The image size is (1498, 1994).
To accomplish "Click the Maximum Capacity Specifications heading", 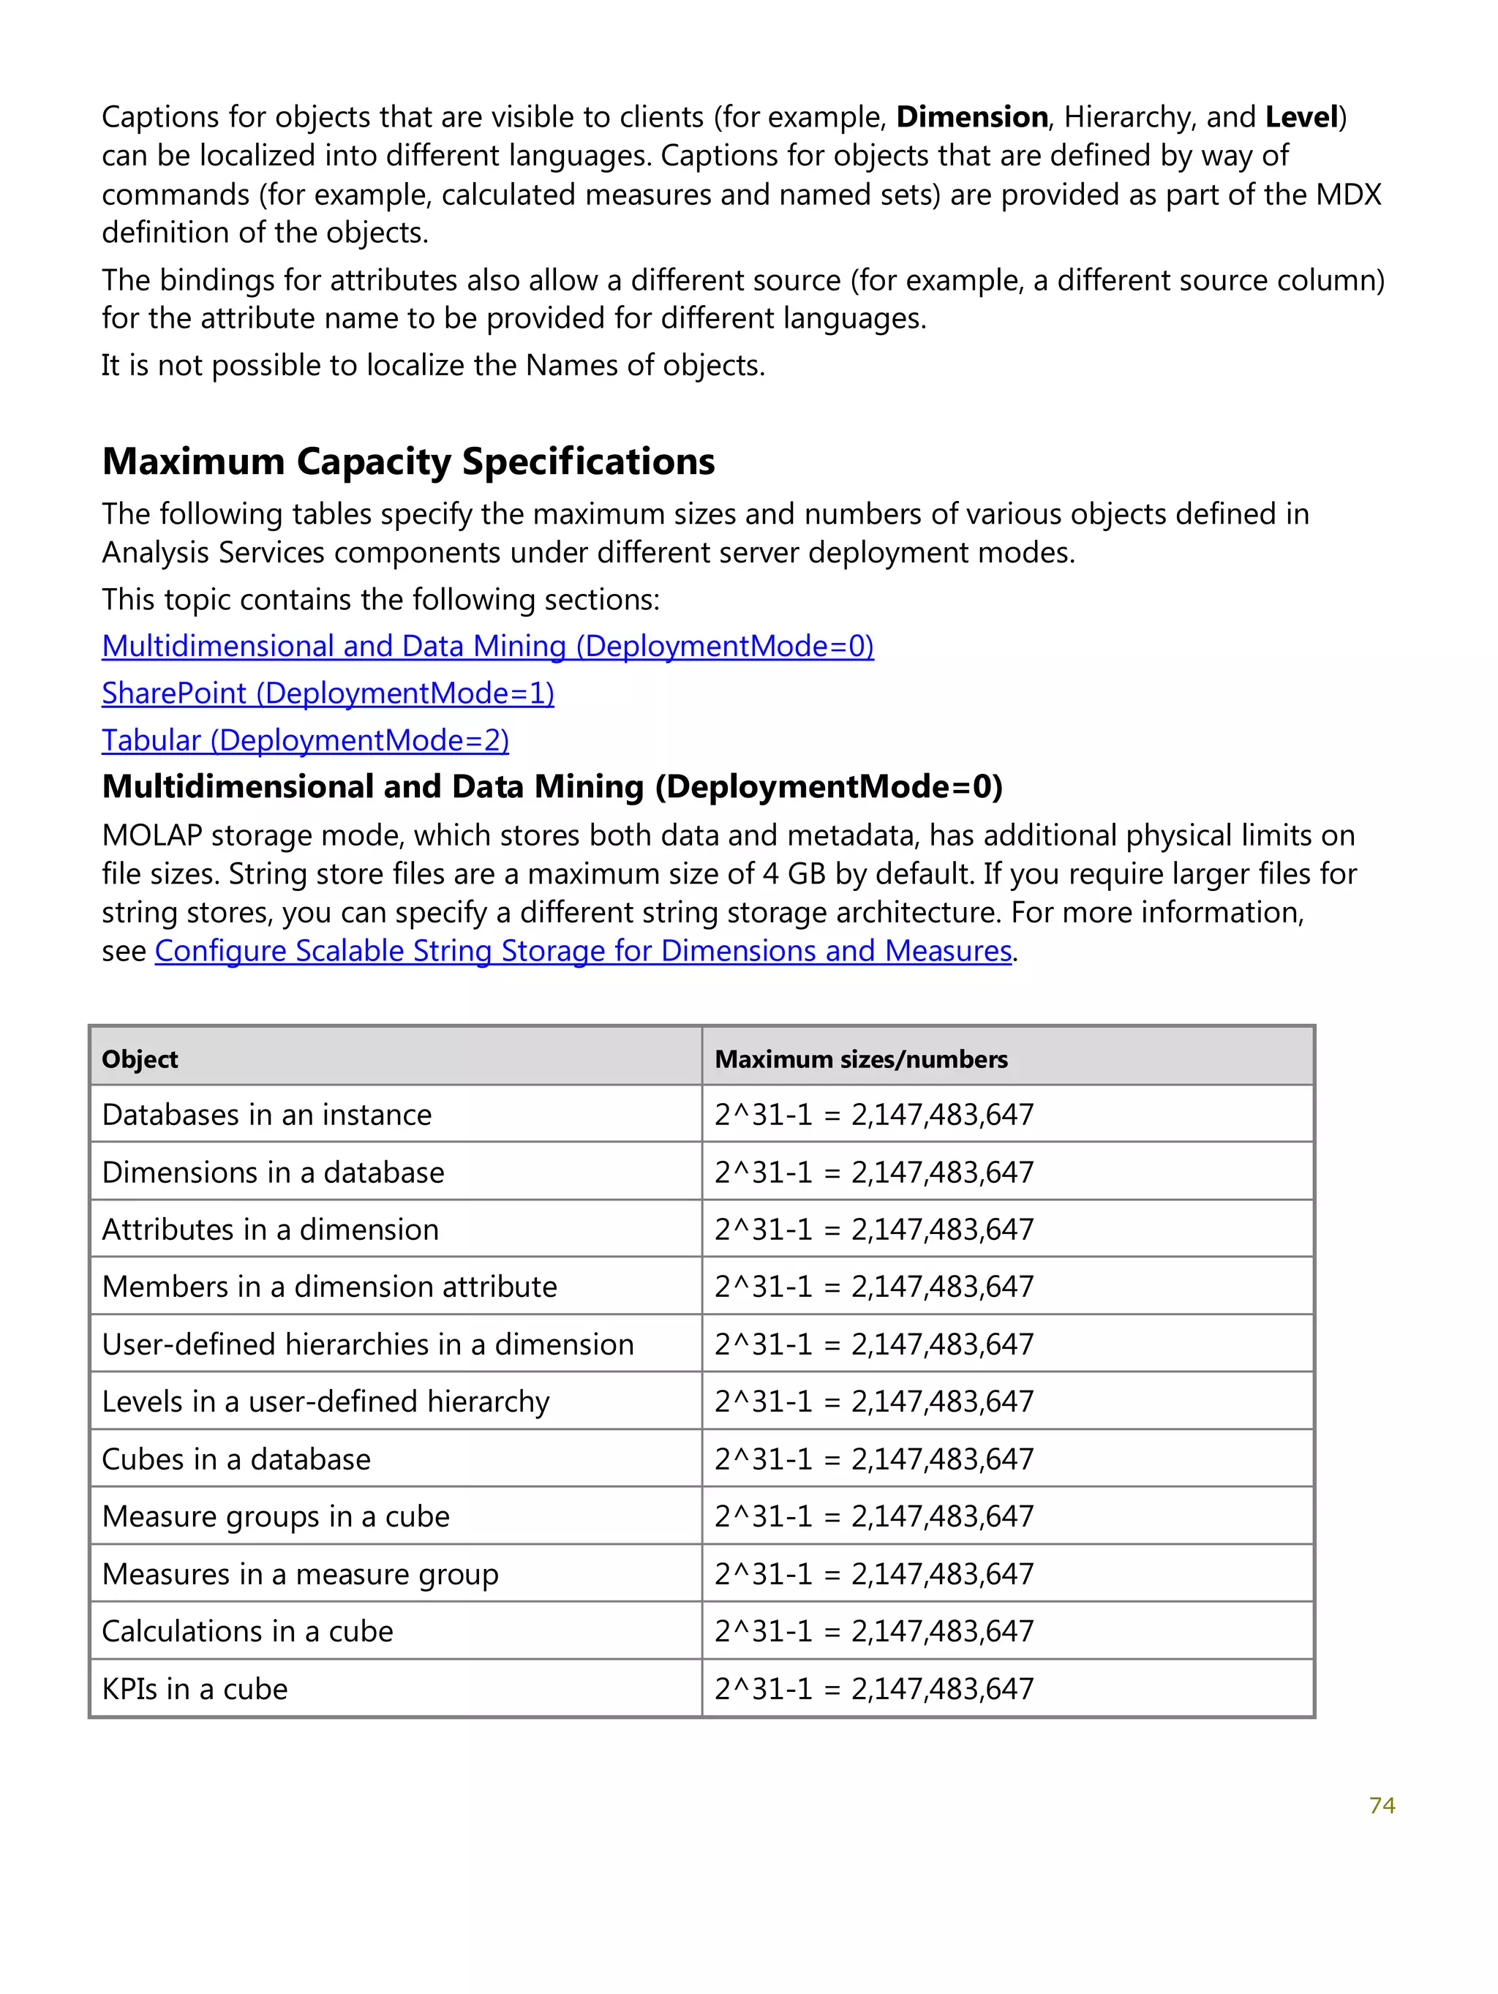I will click(x=407, y=462).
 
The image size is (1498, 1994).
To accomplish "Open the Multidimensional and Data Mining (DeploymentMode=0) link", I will click(x=486, y=647).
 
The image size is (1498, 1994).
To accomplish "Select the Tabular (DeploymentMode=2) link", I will click(x=305, y=740).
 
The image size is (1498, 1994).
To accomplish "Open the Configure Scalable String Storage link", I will click(x=582, y=951).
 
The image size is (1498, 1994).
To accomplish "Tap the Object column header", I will click(x=140, y=1059).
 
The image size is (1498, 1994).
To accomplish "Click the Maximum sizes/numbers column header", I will click(x=860, y=1059).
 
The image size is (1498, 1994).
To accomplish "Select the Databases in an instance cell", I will click(x=267, y=1115).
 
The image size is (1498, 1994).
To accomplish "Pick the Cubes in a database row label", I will click(x=236, y=1459).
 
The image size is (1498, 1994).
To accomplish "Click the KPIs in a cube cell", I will click(x=195, y=1689).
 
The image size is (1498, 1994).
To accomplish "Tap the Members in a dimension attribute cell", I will click(x=329, y=1287).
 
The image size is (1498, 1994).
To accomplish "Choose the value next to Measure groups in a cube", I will click(x=873, y=1517).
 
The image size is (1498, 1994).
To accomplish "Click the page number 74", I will click(x=1381, y=1805).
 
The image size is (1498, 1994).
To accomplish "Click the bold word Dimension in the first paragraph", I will click(x=971, y=117).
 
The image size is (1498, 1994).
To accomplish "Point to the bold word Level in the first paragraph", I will click(x=1301, y=117).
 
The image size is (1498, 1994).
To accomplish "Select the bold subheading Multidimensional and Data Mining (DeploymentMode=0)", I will click(x=552, y=787).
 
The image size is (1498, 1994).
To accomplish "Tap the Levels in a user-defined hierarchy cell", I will click(x=325, y=1402).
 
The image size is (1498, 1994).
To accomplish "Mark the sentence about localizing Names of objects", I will click(x=432, y=365).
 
